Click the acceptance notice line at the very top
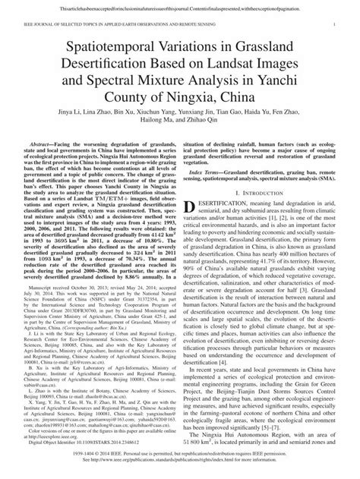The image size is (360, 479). [x=180, y=6]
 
